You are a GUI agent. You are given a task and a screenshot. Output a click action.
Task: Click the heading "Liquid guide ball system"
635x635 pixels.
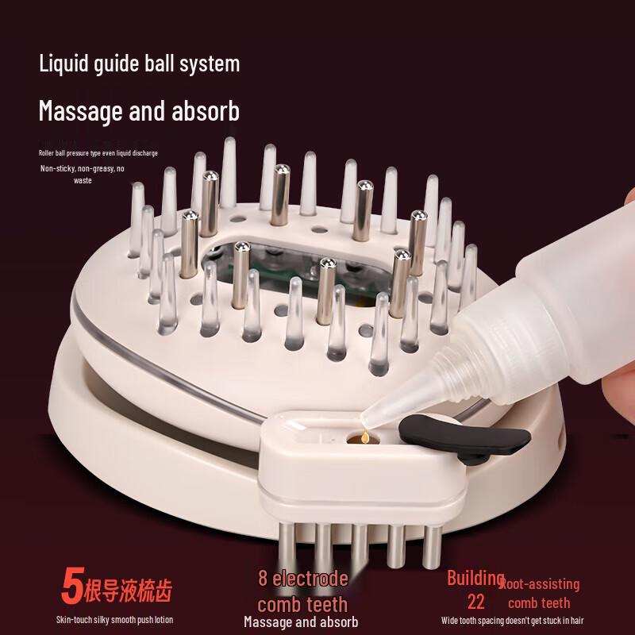pyautogui.click(x=139, y=63)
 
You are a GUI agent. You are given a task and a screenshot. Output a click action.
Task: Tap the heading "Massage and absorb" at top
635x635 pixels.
pyautogui.click(x=139, y=110)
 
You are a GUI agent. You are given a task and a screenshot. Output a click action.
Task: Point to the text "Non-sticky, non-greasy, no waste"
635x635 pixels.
pyautogui.click(x=83, y=174)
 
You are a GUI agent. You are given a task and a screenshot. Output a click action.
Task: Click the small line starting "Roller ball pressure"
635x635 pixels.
pyautogui.click(x=98, y=152)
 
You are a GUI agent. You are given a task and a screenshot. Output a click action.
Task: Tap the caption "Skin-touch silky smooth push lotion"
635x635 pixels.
pyautogui.click(x=114, y=619)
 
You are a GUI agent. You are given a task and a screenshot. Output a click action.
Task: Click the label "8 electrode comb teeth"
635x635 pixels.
pyautogui.click(x=302, y=591)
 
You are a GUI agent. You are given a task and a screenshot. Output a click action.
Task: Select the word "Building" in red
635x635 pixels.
pyautogui.click(x=475, y=577)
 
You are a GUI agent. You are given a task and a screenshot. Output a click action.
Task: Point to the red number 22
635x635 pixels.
pyautogui.click(x=476, y=601)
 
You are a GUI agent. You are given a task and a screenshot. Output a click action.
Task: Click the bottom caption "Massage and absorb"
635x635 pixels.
pyautogui.click(x=301, y=622)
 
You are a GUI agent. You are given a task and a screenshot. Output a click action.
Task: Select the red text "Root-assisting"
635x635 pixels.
pyautogui.click(x=541, y=585)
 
